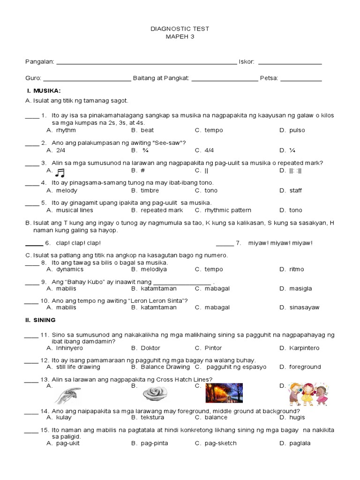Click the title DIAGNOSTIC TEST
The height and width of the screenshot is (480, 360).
(x=180, y=29)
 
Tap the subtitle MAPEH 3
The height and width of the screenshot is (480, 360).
(x=180, y=37)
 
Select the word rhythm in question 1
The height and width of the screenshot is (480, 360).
(x=66, y=130)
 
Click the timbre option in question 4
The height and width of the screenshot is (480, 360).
(x=150, y=191)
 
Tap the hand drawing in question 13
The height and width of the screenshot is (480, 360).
(x=67, y=395)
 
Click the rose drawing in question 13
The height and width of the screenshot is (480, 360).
(x=152, y=394)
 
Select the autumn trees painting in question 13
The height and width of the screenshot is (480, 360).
(x=224, y=393)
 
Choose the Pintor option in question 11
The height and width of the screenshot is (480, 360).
(x=213, y=348)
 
